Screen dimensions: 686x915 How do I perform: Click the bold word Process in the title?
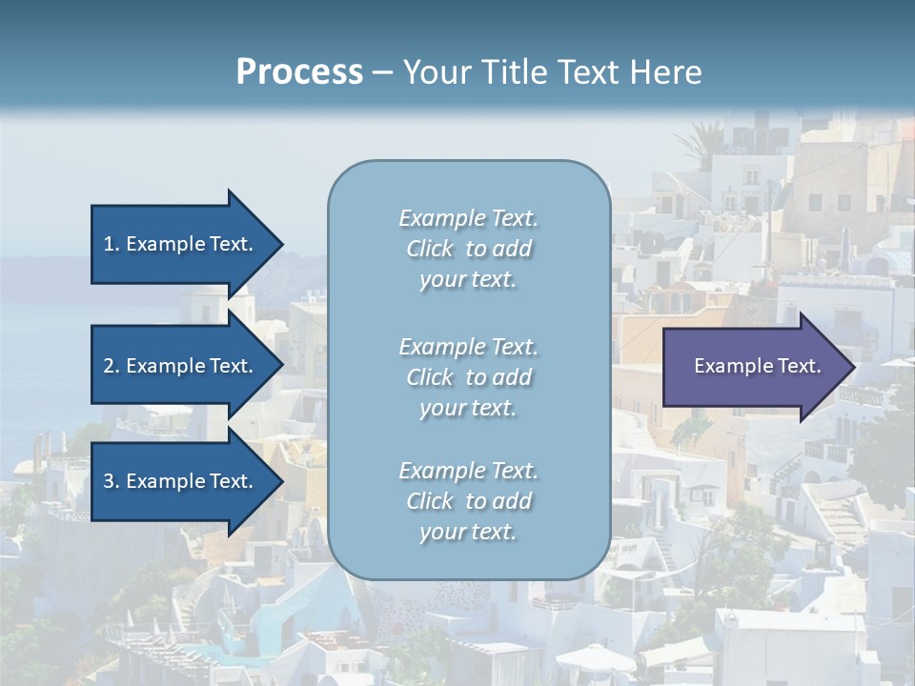point(299,72)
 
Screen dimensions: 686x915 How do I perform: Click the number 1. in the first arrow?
point(112,244)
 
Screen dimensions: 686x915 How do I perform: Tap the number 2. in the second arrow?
point(112,366)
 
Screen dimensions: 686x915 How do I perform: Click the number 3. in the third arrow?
point(112,481)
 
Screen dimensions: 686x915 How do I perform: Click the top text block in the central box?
point(468,249)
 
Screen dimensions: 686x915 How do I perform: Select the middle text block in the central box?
point(468,376)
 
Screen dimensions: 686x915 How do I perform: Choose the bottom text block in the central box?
point(468,501)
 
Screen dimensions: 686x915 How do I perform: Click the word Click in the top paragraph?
point(430,250)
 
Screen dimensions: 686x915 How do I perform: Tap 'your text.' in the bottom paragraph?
point(468,532)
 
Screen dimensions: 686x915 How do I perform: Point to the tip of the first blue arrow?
point(282,244)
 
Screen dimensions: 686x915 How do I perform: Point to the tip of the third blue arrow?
point(282,481)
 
